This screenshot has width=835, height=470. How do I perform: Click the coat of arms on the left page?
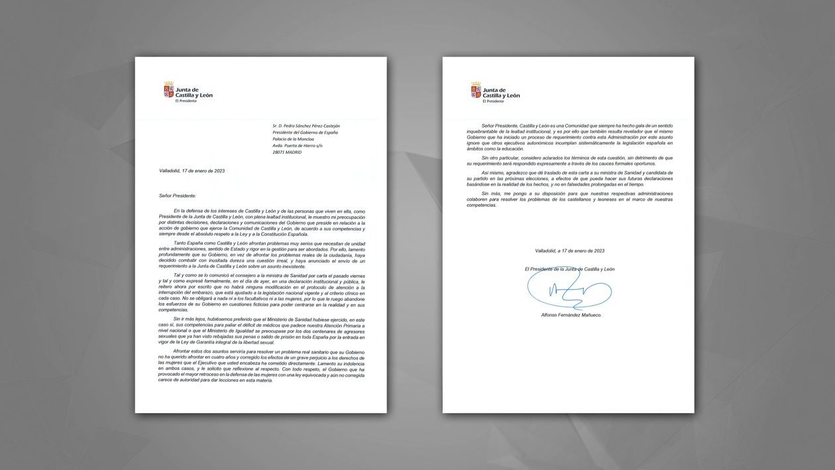(169, 90)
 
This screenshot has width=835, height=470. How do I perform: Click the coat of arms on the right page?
(476, 90)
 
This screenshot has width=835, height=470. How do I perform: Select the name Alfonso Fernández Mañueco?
(571, 315)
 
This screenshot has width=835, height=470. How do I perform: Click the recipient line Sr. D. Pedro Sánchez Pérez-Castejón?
(306, 126)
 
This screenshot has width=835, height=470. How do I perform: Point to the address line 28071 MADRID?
(287, 152)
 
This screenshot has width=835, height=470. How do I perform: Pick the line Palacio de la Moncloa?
(293, 139)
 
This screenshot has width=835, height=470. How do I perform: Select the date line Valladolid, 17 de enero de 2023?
(192, 171)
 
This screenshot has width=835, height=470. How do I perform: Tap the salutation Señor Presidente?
(178, 196)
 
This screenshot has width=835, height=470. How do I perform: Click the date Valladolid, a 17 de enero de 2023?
(569, 251)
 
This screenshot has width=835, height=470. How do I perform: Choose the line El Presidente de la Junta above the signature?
(569, 269)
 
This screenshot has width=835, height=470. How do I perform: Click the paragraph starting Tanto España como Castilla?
(262, 255)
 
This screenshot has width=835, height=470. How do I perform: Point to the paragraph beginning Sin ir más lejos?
(262, 331)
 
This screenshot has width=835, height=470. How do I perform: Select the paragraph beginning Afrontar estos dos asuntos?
(262, 366)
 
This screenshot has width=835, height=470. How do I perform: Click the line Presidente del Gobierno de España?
(305, 133)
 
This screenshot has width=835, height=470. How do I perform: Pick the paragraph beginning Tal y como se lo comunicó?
(262, 292)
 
